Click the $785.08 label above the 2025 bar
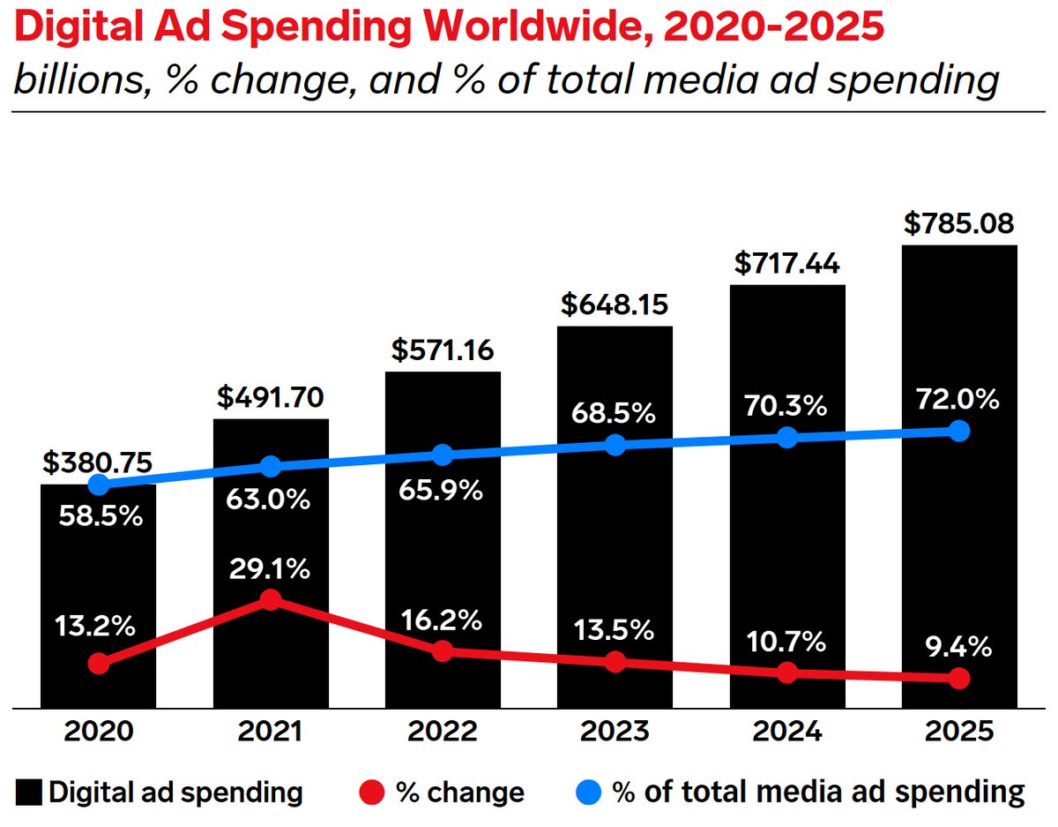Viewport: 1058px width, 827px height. pos(959,223)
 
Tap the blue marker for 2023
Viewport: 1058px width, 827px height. pos(615,445)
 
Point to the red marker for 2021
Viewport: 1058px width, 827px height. pos(271,600)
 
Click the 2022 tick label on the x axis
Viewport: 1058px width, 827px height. pos(443,732)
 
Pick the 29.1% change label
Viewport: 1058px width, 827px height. pos(271,570)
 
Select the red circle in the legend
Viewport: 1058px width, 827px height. pos(373,792)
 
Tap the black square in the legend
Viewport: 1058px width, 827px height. pos(30,792)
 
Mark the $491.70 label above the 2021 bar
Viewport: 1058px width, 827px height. pos(271,397)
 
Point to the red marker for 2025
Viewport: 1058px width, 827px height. pos(959,678)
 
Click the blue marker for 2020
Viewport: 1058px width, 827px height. pos(99,485)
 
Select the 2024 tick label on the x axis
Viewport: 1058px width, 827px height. pos(787,732)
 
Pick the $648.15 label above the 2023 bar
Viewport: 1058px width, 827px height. pos(615,305)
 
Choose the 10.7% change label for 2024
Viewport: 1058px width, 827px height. pos(787,643)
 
